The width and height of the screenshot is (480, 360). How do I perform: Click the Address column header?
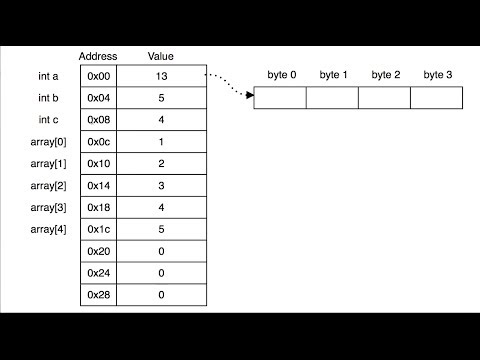point(98,56)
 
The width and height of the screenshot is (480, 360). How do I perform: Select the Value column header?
point(161,56)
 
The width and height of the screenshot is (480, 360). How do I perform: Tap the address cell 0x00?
point(98,76)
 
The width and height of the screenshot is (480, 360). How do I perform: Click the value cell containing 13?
point(161,76)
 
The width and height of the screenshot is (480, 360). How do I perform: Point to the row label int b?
point(50,98)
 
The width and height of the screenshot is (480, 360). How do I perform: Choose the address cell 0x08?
point(98,120)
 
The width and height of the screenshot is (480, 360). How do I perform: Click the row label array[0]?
point(49,142)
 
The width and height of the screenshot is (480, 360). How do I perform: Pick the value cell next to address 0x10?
point(161,164)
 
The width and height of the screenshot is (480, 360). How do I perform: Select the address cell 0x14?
point(98,186)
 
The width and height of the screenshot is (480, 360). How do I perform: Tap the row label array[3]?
point(49,208)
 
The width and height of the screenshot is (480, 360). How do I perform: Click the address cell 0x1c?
point(98,230)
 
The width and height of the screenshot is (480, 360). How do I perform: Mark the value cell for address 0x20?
point(161,252)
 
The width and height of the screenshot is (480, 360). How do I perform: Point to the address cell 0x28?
point(98,296)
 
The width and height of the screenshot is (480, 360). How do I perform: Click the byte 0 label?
point(281,75)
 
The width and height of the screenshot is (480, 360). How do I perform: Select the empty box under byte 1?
point(332,98)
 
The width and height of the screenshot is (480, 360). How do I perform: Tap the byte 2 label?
point(386,75)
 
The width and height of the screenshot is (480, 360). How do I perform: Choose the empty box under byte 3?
point(437,98)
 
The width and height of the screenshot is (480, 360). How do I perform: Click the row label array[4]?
point(49,230)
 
